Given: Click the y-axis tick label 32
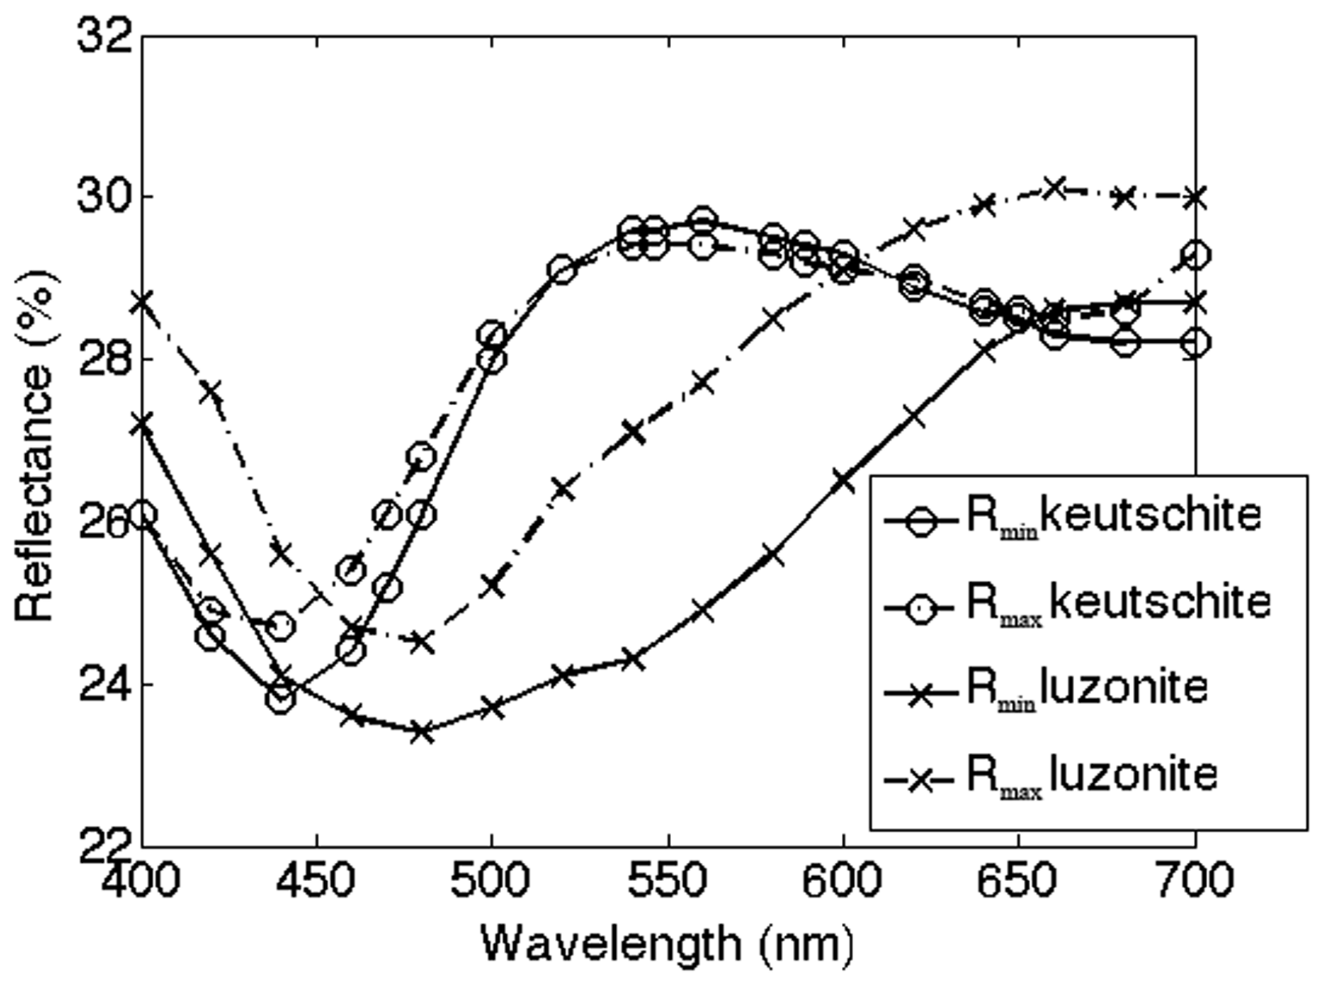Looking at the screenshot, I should coord(104,35).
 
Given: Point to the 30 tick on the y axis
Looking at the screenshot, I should coord(104,197).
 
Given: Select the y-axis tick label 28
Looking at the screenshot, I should coord(104,359).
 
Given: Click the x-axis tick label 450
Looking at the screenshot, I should coord(316,880).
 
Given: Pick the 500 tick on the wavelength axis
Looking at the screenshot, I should coord(491,880).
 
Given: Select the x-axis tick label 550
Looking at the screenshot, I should coord(668,880).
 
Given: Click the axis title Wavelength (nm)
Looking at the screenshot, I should coord(667,944).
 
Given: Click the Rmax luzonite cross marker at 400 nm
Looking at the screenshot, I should coord(143,303).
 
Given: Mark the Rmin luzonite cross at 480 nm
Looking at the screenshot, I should coord(422,732).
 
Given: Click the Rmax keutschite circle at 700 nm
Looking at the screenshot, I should coord(1195,255).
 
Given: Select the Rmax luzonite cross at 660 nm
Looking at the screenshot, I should coord(1055,188).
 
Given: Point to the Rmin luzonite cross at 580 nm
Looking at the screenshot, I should coord(773,556).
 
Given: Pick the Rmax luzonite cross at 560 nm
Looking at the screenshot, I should coord(703,383).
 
